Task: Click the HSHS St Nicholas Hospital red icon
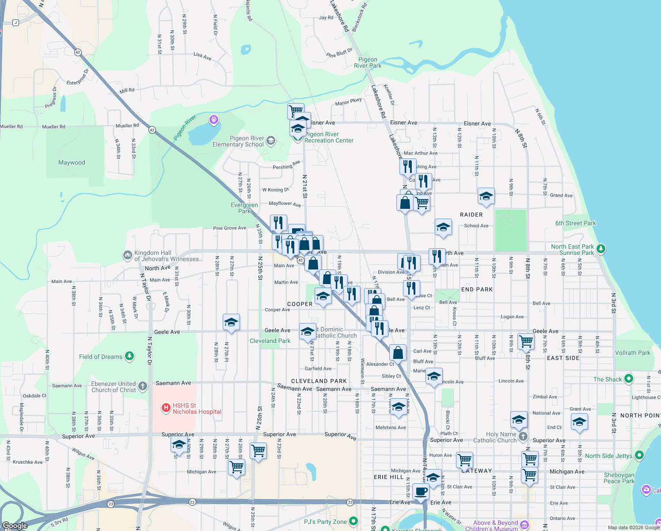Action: click(x=166, y=408)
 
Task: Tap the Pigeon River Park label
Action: click(x=368, y=62)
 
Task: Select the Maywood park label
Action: click(x=72, y=162)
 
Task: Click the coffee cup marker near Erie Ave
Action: click(x=421, y=491)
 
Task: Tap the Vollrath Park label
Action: click(x=632, y=353)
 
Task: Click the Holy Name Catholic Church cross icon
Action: click(x=523, y=437)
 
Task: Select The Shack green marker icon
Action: click(x=628, y=379)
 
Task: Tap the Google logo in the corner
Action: click(x=15, y=525)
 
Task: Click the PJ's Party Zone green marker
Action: click(x=353, y=521)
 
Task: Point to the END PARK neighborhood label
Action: click(x=477, y=289)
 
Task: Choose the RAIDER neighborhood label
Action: click(x=471, y=215)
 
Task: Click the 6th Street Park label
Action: click(x=575, y=223)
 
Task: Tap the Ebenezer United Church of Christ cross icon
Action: click(x=142, y=386)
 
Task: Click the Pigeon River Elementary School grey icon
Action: click(x=271, y=141)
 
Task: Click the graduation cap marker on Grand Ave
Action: click(x=486, y=196)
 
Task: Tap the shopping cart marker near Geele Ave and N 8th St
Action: click(x=526, y=341)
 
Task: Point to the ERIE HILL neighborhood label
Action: click(x=388, y=477)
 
